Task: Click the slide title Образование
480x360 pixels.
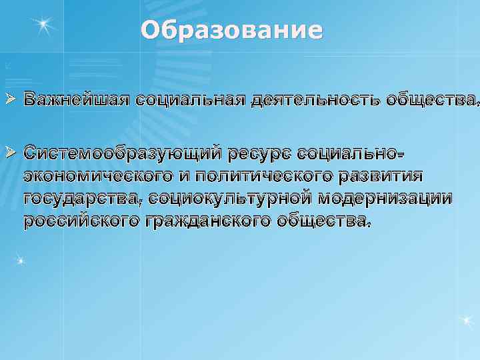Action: click(231, 31)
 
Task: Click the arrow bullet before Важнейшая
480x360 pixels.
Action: click(9, 100)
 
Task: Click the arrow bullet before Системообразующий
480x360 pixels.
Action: click(9, 153)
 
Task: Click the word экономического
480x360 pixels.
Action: click(99, 175)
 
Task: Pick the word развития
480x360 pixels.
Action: click(379, 175)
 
